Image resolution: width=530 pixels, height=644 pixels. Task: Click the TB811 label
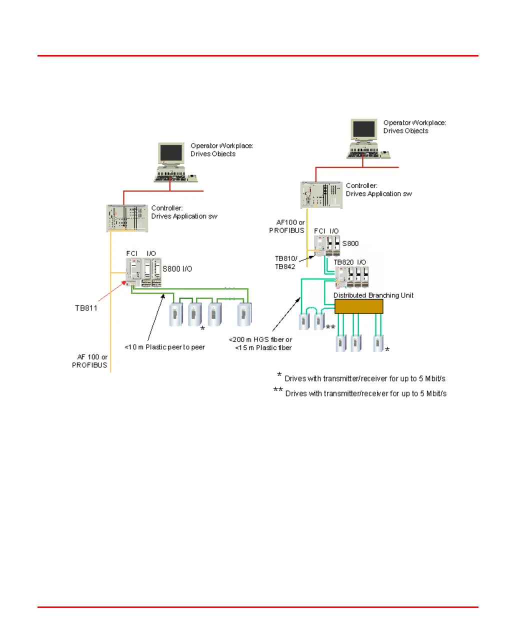coord(86,308)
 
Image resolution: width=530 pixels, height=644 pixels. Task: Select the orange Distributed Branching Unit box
coord(358,306)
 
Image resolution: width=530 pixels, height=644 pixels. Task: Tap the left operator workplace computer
coord(171,162)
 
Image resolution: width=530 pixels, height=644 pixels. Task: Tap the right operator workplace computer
coord(364,138)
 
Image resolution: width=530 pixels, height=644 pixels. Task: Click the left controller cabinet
coord(127,218)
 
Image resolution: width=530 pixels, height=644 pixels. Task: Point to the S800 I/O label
coord(177,269)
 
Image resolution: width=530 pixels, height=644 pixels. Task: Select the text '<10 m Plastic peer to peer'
coord(164,347)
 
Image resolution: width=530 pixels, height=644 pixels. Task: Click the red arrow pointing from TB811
coord(112,291)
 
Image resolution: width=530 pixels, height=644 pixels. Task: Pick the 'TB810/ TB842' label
coord(285,262)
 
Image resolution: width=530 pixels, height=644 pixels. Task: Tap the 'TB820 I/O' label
coord(349,262)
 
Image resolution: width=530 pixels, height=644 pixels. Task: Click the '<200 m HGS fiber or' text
coord(260,339)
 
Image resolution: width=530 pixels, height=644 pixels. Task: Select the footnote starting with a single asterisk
coord(361,378)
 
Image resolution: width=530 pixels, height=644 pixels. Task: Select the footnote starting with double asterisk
coord(360,393)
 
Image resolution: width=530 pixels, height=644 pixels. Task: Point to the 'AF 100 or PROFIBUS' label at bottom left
coord(90,361)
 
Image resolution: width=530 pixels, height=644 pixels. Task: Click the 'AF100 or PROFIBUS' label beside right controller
coord(287,226)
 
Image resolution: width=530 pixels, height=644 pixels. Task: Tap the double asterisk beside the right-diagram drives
coord(330,327)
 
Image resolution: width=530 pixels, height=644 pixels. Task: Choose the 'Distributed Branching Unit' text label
coord(373,295)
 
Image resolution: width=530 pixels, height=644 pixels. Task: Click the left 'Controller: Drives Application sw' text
coord(184,212)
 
